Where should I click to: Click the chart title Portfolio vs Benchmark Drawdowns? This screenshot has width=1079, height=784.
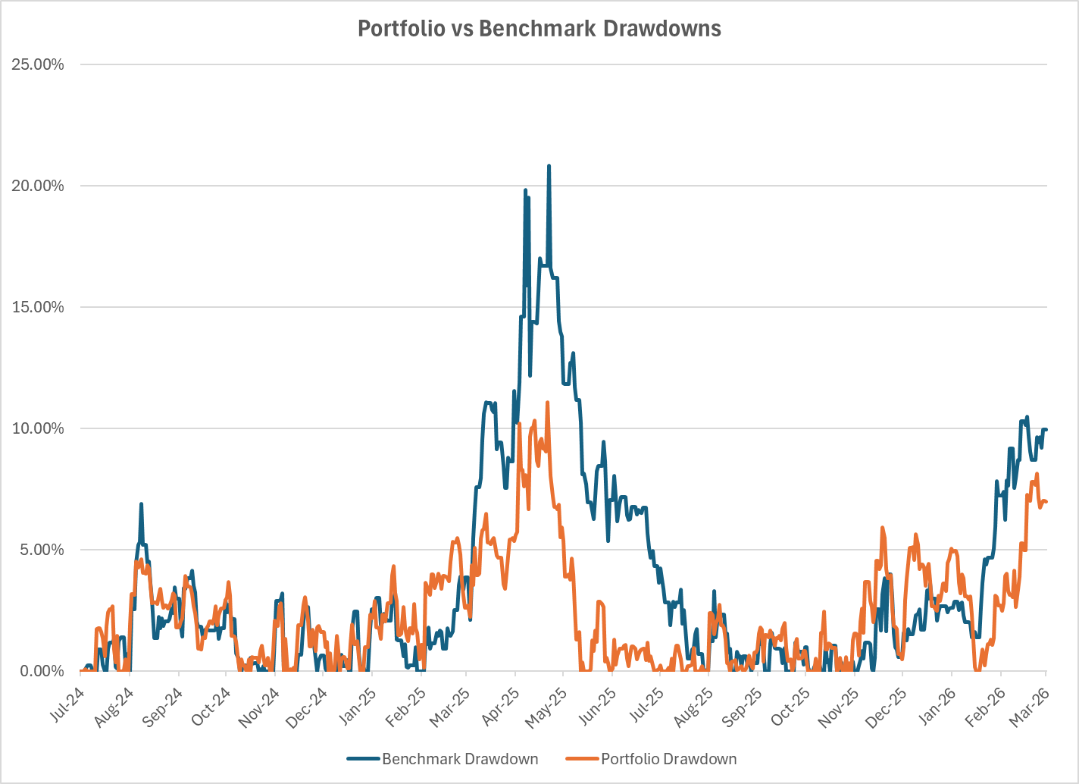point(539,29)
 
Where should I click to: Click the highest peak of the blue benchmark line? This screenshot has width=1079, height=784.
point(549,166)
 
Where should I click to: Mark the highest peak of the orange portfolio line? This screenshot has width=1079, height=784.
point(547,403)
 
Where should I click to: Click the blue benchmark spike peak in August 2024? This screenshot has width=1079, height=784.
point(141,503)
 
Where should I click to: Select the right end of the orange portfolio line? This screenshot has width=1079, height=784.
point(1046,502)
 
